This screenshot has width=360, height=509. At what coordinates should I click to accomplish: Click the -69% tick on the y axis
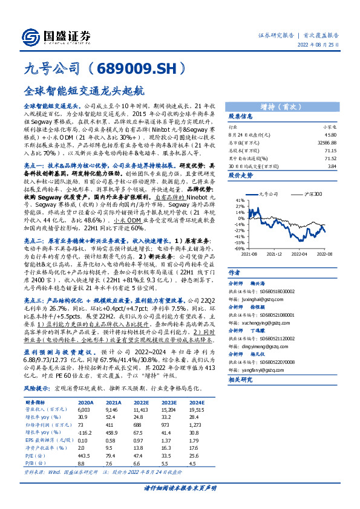240,248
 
